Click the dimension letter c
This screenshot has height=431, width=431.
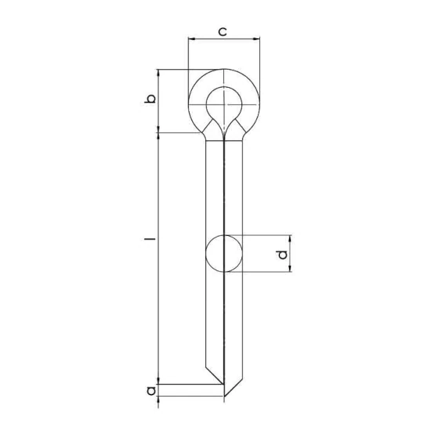(223, 31)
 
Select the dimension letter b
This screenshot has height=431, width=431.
(150, 99)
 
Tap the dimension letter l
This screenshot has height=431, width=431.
(150, 238)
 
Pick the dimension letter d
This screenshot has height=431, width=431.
(282, 255)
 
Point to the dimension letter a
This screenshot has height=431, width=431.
(151, 390)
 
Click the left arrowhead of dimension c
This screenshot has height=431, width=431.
(191, 39)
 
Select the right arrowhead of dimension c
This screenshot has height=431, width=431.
(256, 39)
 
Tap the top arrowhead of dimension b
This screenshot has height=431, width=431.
(158, 73)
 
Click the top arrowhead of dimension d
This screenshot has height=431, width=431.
(290, 239)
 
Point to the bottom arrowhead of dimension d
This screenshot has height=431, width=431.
(290, 269)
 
